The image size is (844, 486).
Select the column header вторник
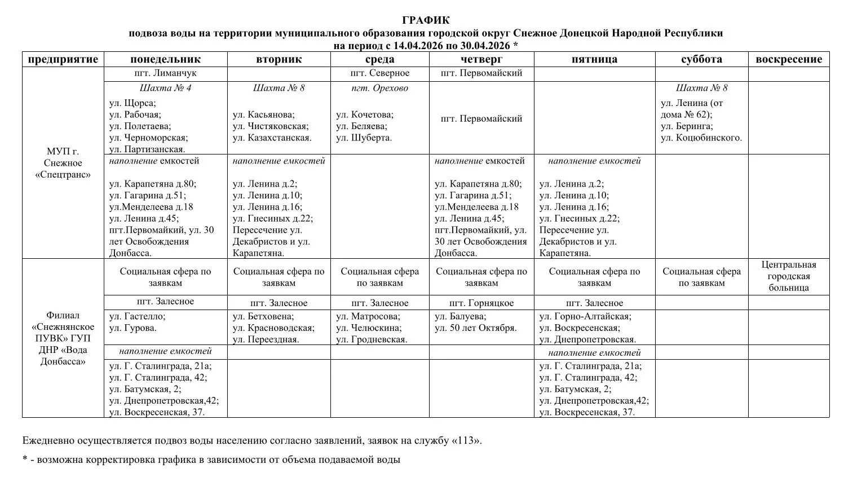coord(279,59)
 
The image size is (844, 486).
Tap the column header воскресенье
coord(789,59)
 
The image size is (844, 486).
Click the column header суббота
coord(701,59)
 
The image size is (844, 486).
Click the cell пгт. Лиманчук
coord(165,73)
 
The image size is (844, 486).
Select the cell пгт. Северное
coord(379,73)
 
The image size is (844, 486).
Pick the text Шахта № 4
coord(165,88)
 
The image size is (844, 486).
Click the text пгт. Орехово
coord(379,88)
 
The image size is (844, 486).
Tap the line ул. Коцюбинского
coord(701,138)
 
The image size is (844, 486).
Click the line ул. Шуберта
coord(364,138)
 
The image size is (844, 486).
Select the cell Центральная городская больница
coord(789,276)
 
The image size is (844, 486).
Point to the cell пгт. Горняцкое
coord(481,303)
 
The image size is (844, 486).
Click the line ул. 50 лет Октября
coord(475,328)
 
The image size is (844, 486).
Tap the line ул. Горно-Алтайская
coord(585,317)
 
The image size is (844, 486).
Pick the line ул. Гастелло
coord(137,317)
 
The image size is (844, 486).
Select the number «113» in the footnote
coord(466,440)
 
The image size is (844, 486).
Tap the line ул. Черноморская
coord(148,138)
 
